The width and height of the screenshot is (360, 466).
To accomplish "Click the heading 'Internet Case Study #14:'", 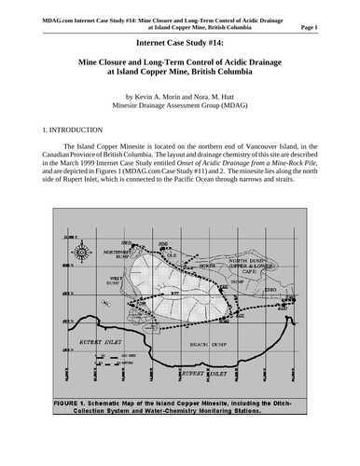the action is coord(179,42).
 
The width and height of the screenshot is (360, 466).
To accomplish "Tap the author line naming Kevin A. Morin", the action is coord(179,96).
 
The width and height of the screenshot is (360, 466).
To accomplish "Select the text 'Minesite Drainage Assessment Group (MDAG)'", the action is coord(179,106).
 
